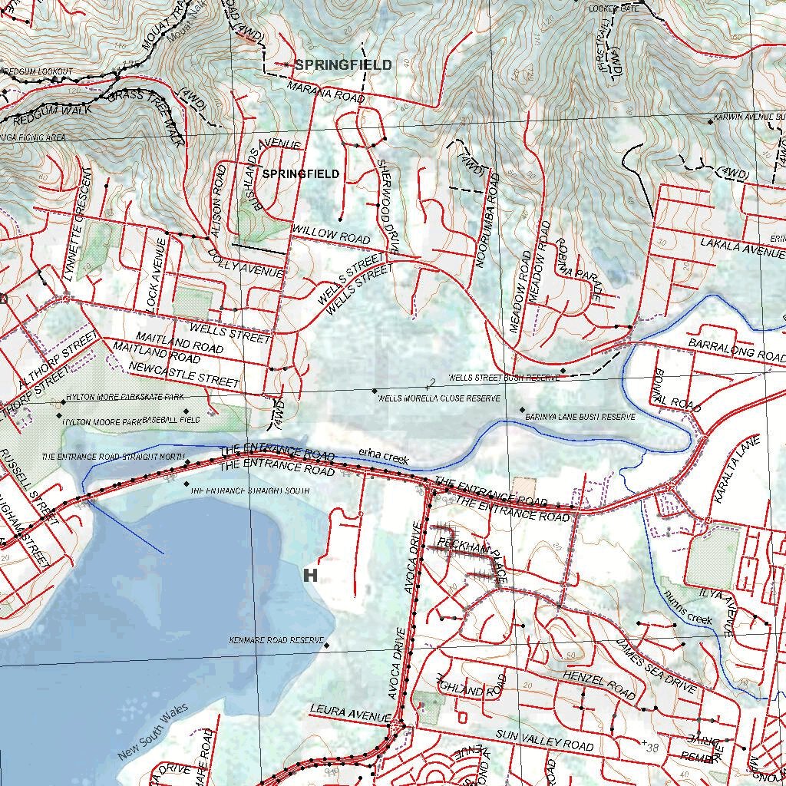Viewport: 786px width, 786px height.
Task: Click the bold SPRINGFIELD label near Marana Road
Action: click(x=342, y=65)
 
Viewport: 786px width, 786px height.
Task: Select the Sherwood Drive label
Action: click(x=388, y=206)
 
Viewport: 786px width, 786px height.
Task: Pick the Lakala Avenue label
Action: click(x=741, y=246)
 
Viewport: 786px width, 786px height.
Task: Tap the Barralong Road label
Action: click(x=736, y=349)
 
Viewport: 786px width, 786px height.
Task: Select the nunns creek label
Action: click(x=689, y=608)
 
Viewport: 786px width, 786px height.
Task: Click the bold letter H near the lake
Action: click(x=311, y=575)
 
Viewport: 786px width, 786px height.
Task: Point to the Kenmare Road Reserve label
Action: click(x=277, y=640)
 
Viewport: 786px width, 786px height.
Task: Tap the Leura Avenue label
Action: click(x=350, y=712)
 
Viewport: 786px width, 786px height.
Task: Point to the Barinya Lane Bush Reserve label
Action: click(x=580, y=416)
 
